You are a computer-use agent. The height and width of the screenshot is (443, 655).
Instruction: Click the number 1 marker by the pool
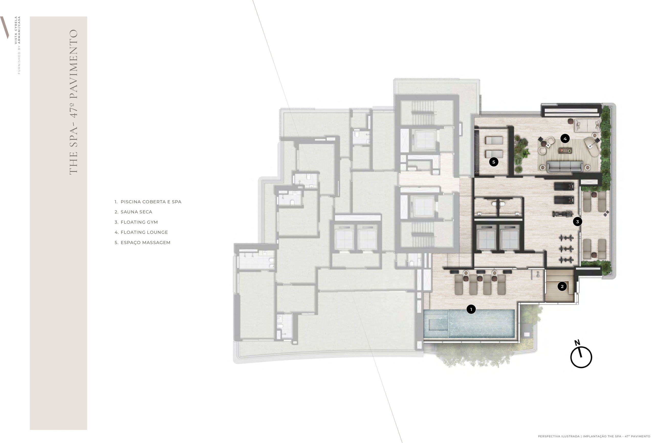tap(471, 309)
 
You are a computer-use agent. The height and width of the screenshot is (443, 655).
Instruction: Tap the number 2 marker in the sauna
tap(562, 286)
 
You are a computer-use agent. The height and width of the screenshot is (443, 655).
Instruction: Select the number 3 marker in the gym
tap(577, 221)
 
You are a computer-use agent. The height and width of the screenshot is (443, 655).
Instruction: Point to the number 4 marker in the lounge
tap(565, 138)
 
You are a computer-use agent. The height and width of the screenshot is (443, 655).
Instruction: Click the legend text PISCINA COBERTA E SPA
tap(151, 202)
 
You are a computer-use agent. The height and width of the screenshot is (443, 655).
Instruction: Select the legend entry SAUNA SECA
tap(136, 212)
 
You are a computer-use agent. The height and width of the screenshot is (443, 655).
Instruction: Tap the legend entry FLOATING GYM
tap(139, 222)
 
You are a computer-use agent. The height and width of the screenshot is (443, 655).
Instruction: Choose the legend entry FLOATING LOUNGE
tap(144, 232)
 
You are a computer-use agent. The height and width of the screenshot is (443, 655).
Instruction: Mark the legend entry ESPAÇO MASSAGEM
tap(145, 242)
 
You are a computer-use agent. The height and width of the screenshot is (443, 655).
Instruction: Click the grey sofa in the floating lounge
tap(565, 167)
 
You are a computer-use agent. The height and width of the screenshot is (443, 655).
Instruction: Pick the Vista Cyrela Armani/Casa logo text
tap(17, 45)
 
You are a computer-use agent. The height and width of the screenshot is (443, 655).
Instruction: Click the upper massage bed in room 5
tap(494, 140)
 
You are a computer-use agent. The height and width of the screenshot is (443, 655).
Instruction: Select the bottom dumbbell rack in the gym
tap(566, 260)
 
